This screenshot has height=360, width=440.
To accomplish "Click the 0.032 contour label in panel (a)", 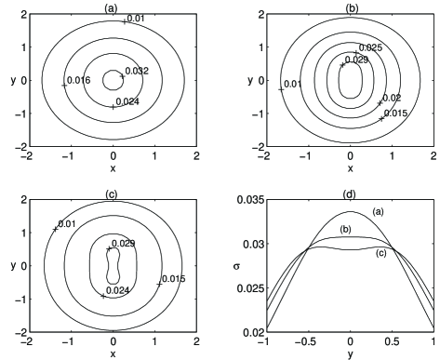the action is click(137, 71).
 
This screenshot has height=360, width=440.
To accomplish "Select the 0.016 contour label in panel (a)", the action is click(79, 80).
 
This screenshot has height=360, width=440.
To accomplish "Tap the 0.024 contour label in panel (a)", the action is click(127, 101).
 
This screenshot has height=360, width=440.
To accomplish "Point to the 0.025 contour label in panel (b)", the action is click(370, 47).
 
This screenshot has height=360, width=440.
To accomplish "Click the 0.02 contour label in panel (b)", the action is click(392, 98).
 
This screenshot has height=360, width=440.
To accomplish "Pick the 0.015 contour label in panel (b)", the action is click(395, 113).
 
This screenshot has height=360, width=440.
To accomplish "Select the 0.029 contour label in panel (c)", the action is click(123, 244).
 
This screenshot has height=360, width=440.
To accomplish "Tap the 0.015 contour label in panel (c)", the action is click(174, 279).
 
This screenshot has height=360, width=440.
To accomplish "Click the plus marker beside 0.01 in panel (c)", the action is click(56, 229).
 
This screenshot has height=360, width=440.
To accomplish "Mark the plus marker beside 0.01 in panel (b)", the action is click(281, 89).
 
